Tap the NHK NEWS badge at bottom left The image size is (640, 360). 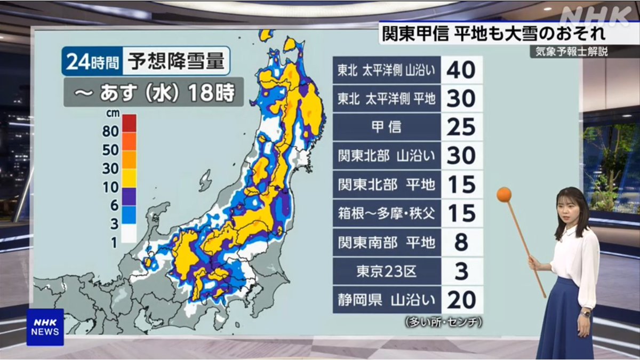tap(45, 327)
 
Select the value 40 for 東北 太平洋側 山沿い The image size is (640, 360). tap(461, 70)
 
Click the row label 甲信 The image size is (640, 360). tap(386, 127)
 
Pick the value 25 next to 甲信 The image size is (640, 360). tap(461, 127)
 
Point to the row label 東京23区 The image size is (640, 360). tap(386, 271)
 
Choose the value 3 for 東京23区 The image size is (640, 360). tap(461, 271)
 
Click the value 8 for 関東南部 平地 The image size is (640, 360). tap(461, 242)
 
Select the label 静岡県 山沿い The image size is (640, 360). tap(386, 300)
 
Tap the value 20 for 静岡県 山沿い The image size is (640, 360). tap(461, 300)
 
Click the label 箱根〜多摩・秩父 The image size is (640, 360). tap(386, 213)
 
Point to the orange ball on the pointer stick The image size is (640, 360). tap(503, 195)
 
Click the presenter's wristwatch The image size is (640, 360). tap(586, 314)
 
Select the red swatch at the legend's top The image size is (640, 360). tap(129, 122)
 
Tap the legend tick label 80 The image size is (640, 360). tap(111, 131)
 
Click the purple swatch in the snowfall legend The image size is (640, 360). tap(129, 196)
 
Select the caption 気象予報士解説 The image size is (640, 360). tap(569, 52)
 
